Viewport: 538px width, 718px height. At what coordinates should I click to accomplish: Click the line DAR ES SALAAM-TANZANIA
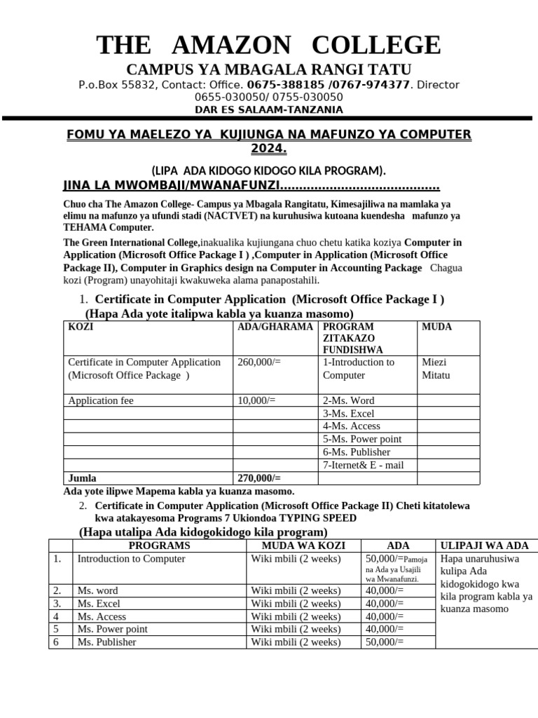[x=269, y=109]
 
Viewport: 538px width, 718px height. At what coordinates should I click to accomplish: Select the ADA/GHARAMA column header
[x=275, y=327]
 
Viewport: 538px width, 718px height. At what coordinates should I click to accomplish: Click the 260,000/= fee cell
[x=256, y=362]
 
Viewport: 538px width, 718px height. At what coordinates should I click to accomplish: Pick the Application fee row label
[x=101, y=400]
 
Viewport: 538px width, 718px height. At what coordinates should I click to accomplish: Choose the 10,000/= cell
[x=256, y=400]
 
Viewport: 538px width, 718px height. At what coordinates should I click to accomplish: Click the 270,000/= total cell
[x=259, y=478]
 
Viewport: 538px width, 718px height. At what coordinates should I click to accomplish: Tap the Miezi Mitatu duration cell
[x=434, y=368]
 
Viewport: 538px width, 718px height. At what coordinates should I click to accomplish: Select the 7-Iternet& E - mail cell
[x=363, y=465]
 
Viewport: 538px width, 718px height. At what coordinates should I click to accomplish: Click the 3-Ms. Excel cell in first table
[x=349, y=413]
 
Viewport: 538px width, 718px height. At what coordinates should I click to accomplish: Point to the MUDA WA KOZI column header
[x=294, y=545]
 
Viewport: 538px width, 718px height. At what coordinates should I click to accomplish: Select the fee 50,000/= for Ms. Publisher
[x=385, y=642]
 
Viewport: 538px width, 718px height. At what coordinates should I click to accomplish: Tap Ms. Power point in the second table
[x=112, y=629]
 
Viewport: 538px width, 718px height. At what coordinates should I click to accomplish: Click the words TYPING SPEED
[x=317, y=517]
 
